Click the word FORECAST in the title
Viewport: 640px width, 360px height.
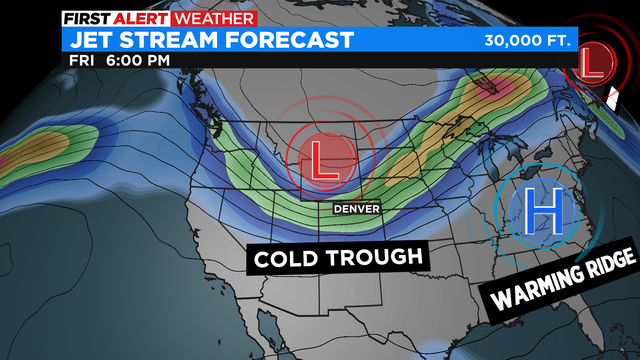click(x=295, y=41)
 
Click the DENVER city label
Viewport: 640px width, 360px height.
click(x=356, y=207)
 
